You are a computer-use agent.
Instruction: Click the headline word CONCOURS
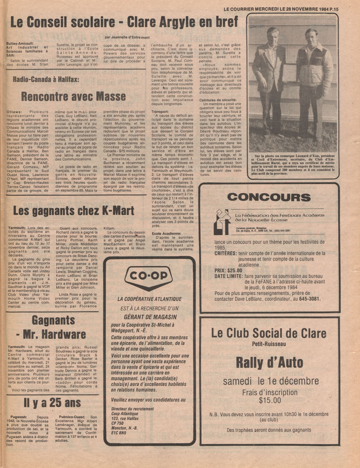pos(269,197)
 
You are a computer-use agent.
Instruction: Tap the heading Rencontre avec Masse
pos(73,96)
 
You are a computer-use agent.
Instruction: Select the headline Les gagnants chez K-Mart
pos(74,211)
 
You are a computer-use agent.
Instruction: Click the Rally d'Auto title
pos(269,362)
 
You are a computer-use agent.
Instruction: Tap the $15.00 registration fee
pos(270,400)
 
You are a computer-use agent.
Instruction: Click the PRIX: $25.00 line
pos(228,270)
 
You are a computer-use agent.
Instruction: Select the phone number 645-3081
pos(310,299)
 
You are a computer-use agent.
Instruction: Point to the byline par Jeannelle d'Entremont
pos(127,37)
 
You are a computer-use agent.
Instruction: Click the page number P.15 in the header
pos(334,9)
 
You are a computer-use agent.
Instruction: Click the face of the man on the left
pos(272,35)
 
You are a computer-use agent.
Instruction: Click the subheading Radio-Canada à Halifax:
pos(46,80)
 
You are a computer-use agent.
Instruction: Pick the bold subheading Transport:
pos(160,112)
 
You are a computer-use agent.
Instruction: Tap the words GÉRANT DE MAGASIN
pos(150,317)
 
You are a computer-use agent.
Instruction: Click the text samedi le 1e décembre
pos(271,381)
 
